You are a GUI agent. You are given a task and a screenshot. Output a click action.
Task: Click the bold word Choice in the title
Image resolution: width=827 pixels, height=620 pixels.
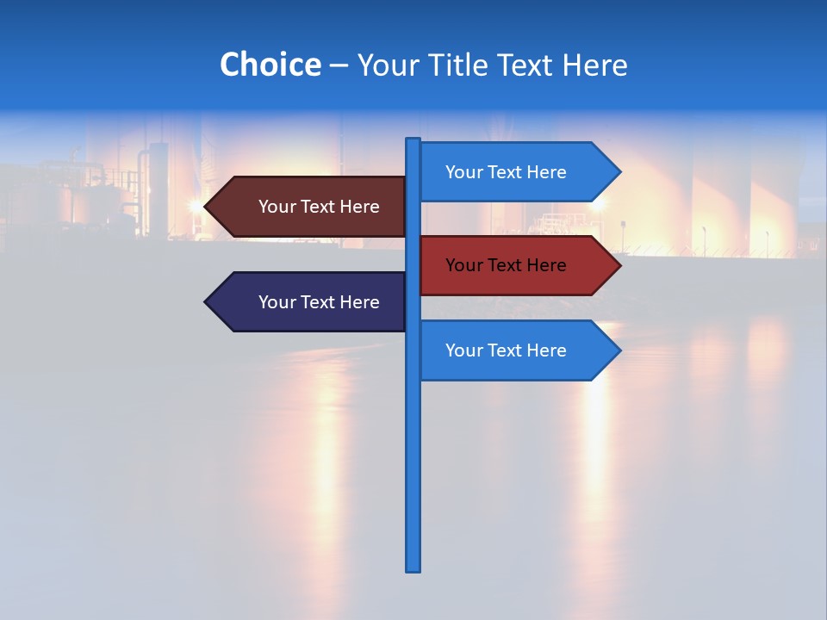(270, 65)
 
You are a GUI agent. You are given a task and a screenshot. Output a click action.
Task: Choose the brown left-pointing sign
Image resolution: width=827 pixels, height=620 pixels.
(310, 207)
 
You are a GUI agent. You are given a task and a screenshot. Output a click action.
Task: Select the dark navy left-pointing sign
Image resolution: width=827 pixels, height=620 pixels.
(310, 302)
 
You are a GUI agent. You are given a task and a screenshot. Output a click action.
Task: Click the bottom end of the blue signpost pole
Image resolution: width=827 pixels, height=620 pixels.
(413, 568)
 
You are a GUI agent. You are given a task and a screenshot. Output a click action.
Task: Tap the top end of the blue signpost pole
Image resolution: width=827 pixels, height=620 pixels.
(413, 140)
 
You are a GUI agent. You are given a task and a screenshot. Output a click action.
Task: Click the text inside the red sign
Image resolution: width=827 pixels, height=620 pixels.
(506, 265)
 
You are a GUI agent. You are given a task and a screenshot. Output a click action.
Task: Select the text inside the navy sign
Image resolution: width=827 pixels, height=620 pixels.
(319, 302)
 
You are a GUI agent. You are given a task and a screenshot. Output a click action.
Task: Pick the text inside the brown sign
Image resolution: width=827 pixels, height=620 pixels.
(319, 207)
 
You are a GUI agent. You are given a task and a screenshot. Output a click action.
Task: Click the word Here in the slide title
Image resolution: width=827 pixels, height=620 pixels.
(594, 65)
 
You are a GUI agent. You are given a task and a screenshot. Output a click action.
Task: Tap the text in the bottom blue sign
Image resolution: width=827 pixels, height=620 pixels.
(506, 350)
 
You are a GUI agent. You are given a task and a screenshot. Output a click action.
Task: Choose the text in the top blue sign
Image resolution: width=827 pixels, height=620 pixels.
(506, 172)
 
